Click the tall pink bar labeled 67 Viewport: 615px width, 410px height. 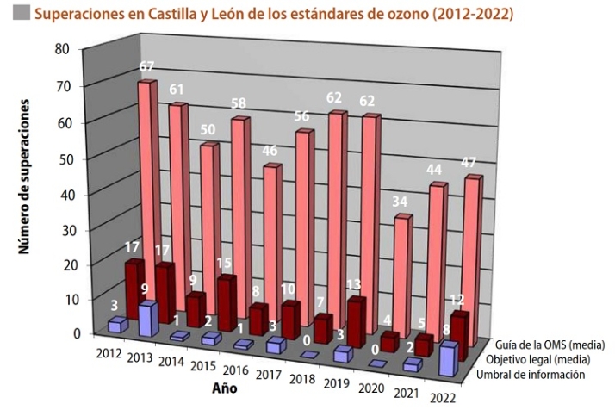pyautogui.click(x=147, y=189)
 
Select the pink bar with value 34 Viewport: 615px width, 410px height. pyautogui.click(x=401, y=276)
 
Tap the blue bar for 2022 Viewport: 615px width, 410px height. pyautogui.click(x=447, y=358)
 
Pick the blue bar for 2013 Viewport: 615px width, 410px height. pyautogui.click(x=146, y=320)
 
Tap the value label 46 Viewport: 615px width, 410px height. pyautogui.click(x=269, y=150)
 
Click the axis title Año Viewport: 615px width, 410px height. pyautogui.click(x=226, y=388)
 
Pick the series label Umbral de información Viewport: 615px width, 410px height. pyautogui.click(x=535, y=374)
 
